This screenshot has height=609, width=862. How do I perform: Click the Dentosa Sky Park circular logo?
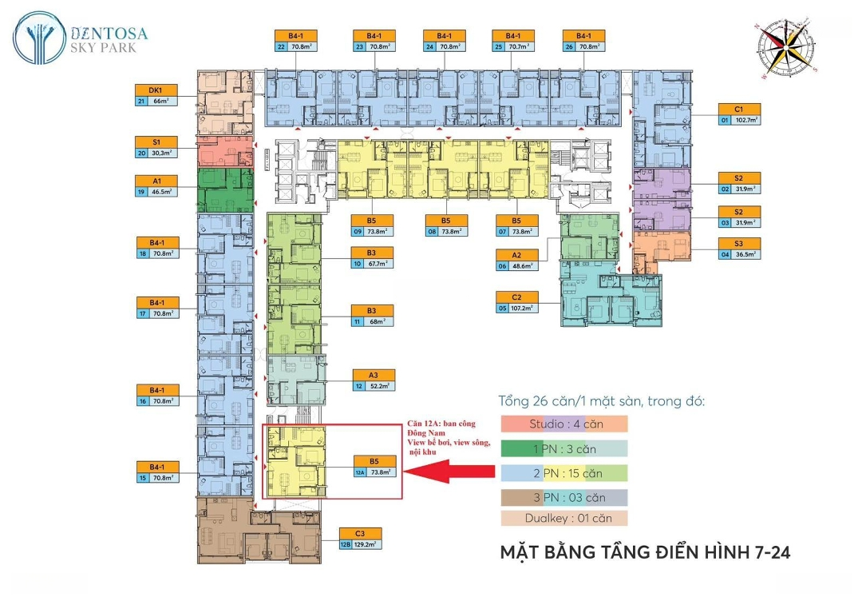tap(39, 38)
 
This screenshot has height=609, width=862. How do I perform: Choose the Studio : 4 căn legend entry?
tap(563, 424)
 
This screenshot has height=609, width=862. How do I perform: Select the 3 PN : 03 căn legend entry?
tap(563, 497)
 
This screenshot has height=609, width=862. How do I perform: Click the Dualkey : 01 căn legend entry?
tap(563, 518)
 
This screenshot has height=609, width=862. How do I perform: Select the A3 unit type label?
tap(373, 375)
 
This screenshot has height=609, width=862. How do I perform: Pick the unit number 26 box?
tap(569, 47)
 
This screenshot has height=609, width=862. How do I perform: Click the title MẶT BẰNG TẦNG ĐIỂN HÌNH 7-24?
tap(644, 552)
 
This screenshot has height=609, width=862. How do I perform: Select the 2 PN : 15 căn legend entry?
tap(563, 473)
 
